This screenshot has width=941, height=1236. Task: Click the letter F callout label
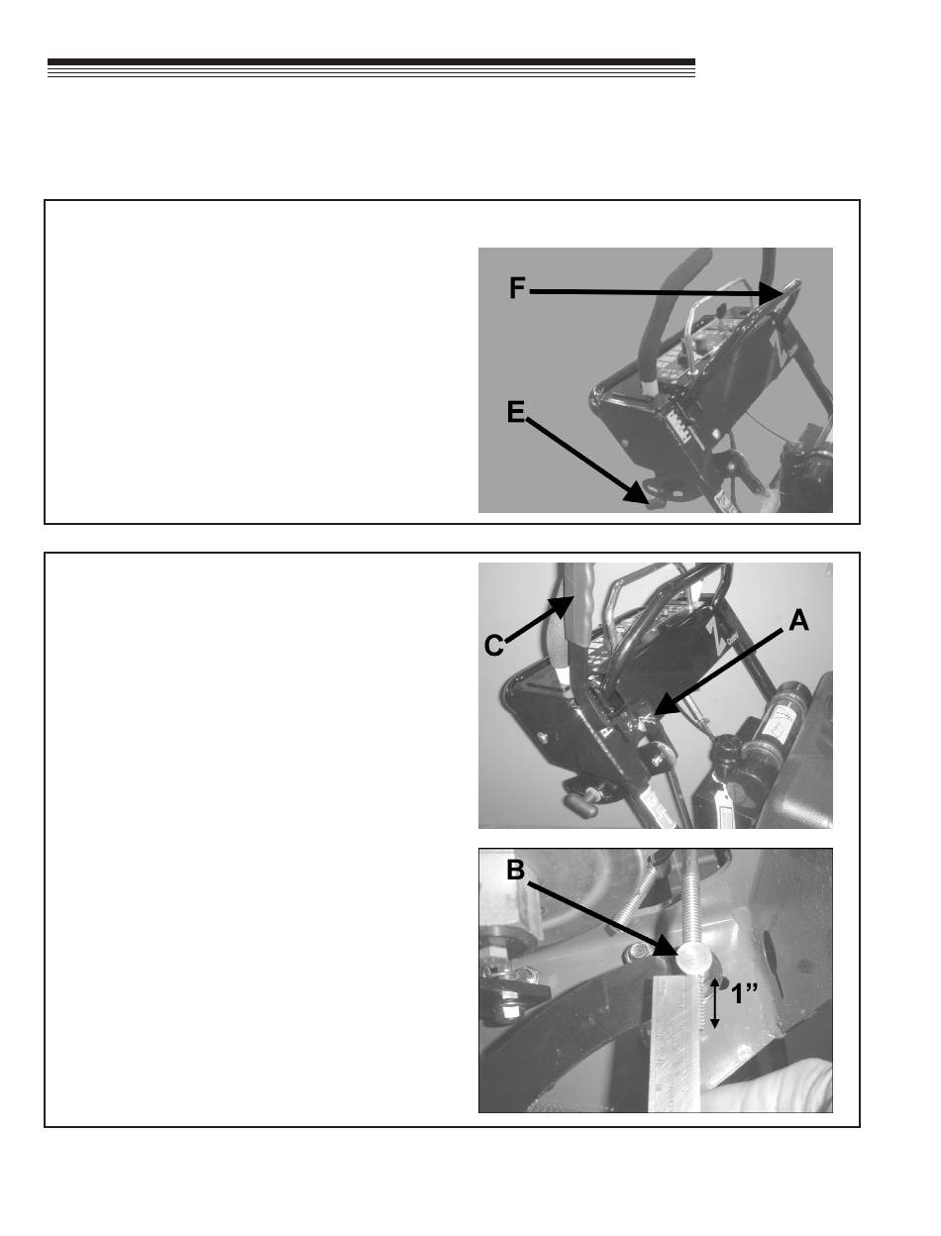(517, 288)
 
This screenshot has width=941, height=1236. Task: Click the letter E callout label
(516, 412)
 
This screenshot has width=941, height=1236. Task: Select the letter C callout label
(494, 646)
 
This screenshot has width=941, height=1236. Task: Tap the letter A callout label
(798, 621)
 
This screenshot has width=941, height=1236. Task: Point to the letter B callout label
(515, 870)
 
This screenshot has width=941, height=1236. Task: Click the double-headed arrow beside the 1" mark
(714, 1003)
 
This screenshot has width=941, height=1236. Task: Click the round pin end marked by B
(692, 958)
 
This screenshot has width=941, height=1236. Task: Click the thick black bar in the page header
(371, 62)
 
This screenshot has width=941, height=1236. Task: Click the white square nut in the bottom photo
(511, 1010)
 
